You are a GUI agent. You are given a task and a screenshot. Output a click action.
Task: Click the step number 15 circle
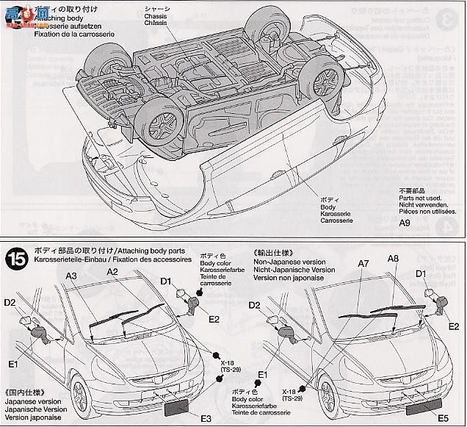pyautogui.click(x=16, y=259)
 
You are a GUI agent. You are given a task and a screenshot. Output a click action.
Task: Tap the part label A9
pyautogui.click(x=405, y=223)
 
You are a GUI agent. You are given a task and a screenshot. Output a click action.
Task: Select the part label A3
pyautogui.click(x=71, y=276)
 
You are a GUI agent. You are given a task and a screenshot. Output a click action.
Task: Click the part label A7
pyautogui.click(x=363, y=264)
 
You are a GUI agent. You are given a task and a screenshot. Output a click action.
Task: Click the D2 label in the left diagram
pyautogui.click(x=10, y=301)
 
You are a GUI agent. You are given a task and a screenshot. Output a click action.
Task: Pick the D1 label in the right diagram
pyautogui.click(x=421, y=273)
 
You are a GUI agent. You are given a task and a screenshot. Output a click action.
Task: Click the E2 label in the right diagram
pyautogui.click(x=454, y=326)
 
